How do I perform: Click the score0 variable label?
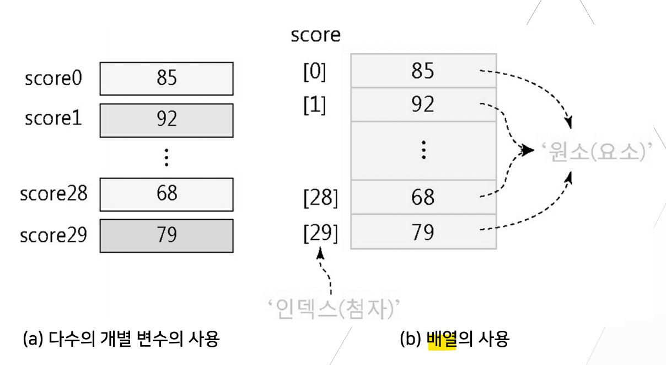point(53,78)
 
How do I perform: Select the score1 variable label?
point(53,118)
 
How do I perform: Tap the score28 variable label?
point(53,194)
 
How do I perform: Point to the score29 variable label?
point(53,236)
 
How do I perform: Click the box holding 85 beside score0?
point(166,78)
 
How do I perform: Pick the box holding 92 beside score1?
point(166,120)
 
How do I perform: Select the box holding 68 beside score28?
point(166,194)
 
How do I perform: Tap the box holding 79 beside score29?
point(166,235)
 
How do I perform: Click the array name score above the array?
point(315,35)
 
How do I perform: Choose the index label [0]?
point(315,72)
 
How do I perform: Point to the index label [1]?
point(315,105)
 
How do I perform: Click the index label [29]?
point(320,233)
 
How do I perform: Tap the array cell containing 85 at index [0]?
point(423,71)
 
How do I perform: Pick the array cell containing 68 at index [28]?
point(423,197)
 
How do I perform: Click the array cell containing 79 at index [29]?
point(423,232)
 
